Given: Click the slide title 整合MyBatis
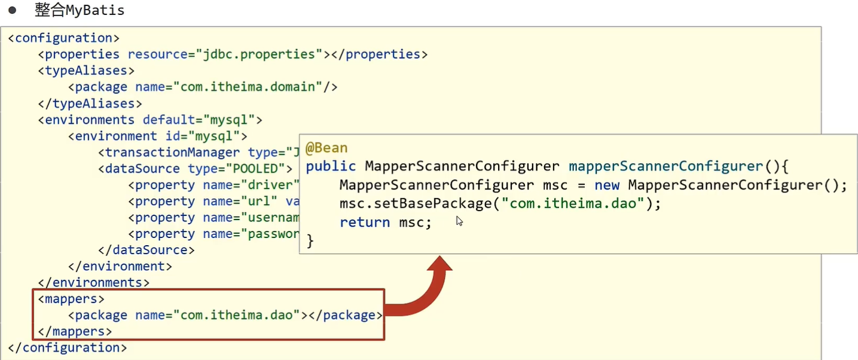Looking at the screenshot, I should point(80,11).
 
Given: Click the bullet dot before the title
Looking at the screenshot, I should point(11,11).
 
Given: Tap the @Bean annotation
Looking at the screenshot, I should point(326,148).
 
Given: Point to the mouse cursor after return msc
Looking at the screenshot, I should point(459,221).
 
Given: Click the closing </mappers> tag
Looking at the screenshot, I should point(75,331).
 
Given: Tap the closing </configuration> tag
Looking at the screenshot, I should point(68,347).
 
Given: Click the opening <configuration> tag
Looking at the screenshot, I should point(64,38).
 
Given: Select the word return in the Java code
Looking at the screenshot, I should point(365,222).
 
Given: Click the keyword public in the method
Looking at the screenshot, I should point(331,166).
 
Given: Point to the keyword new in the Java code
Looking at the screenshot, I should point(607,185).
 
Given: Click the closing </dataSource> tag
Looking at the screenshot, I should point(146,250).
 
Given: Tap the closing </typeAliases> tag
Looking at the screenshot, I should point(86,103).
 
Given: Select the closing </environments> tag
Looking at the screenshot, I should point(94,282).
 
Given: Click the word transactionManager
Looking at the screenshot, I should point(173,152).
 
